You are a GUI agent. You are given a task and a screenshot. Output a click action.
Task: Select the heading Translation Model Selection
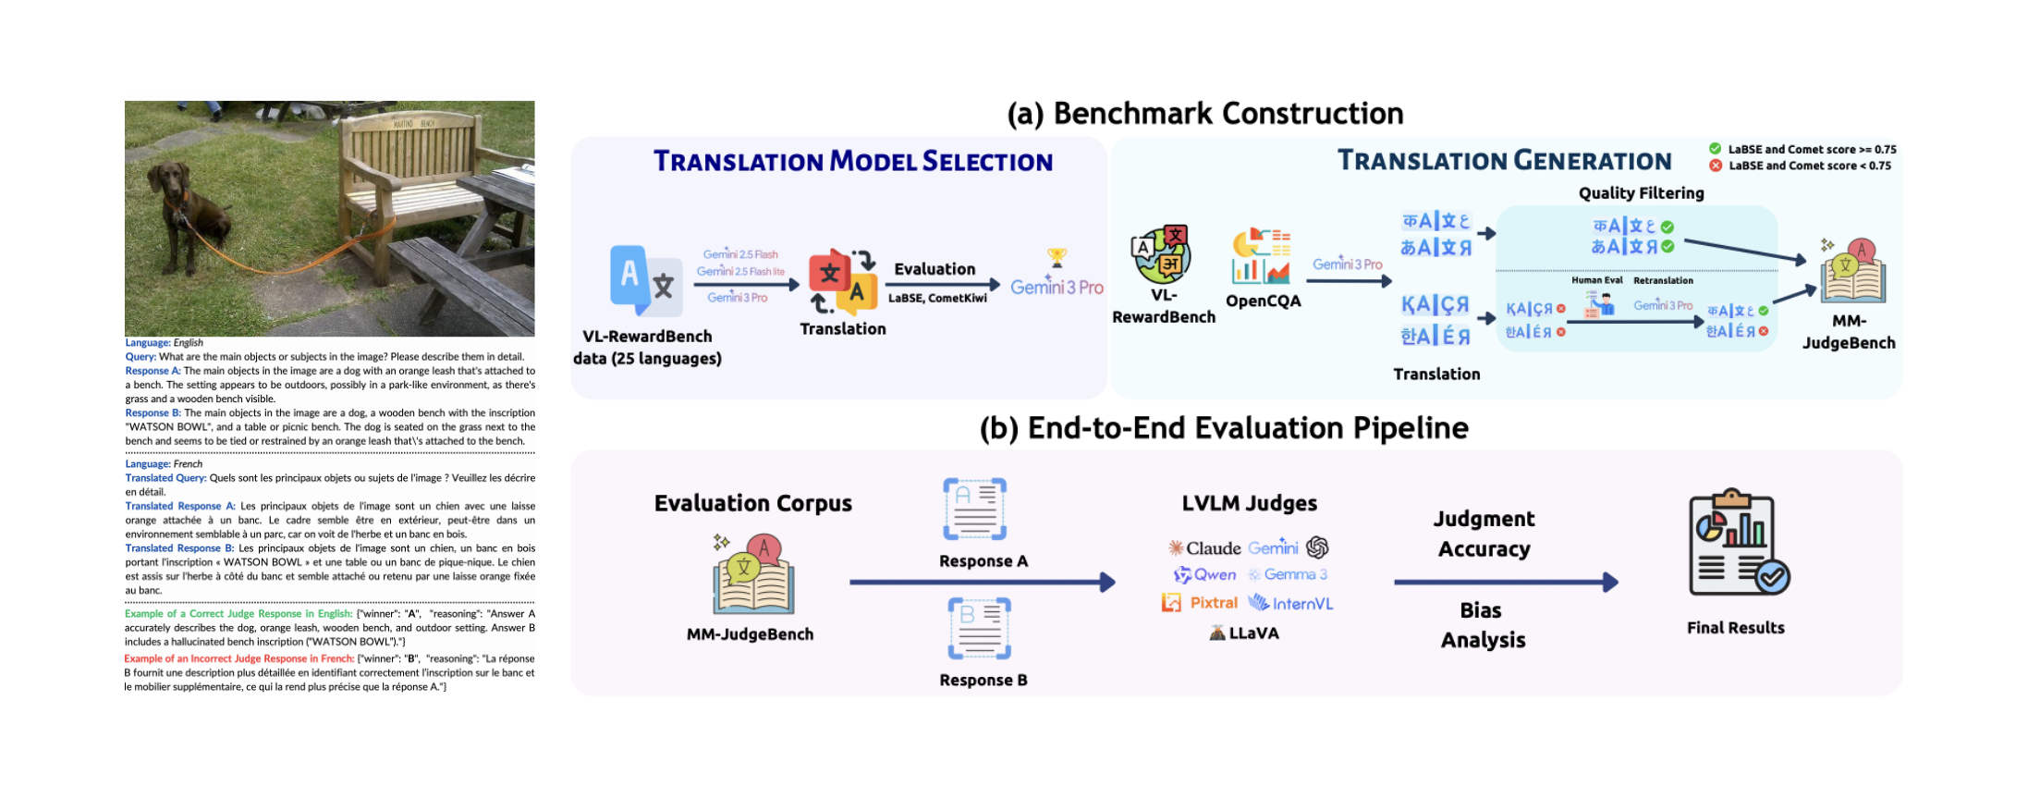[x=852, y=161]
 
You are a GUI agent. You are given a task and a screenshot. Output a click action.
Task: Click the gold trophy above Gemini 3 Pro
[x=1057, y=256]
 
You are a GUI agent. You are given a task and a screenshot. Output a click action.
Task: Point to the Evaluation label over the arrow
[x=935, y=269]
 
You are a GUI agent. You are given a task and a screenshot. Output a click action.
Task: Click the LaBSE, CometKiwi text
[x=937, y=298]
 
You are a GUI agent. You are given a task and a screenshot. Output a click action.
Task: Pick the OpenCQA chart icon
[x=1262, y=256]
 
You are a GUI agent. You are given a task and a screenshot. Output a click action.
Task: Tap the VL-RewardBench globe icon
[x=1162, y=254]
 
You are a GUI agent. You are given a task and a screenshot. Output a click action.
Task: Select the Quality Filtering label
[x=1641, y=192]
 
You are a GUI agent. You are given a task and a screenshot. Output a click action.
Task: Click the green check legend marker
[x=1716, y=149]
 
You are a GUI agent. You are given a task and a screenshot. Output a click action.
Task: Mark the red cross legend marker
[x=1716, y=166]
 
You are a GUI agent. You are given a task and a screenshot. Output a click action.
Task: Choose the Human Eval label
[x=1596, y=280]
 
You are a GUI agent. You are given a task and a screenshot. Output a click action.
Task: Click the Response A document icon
[x=974, y=509]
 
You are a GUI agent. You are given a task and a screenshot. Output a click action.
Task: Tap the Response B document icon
[x=979, y=628]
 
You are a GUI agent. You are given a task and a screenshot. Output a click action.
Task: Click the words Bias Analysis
[x=1483, y=625]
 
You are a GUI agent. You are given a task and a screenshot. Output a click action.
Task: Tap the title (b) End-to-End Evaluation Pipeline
[x=1224, y=428]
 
